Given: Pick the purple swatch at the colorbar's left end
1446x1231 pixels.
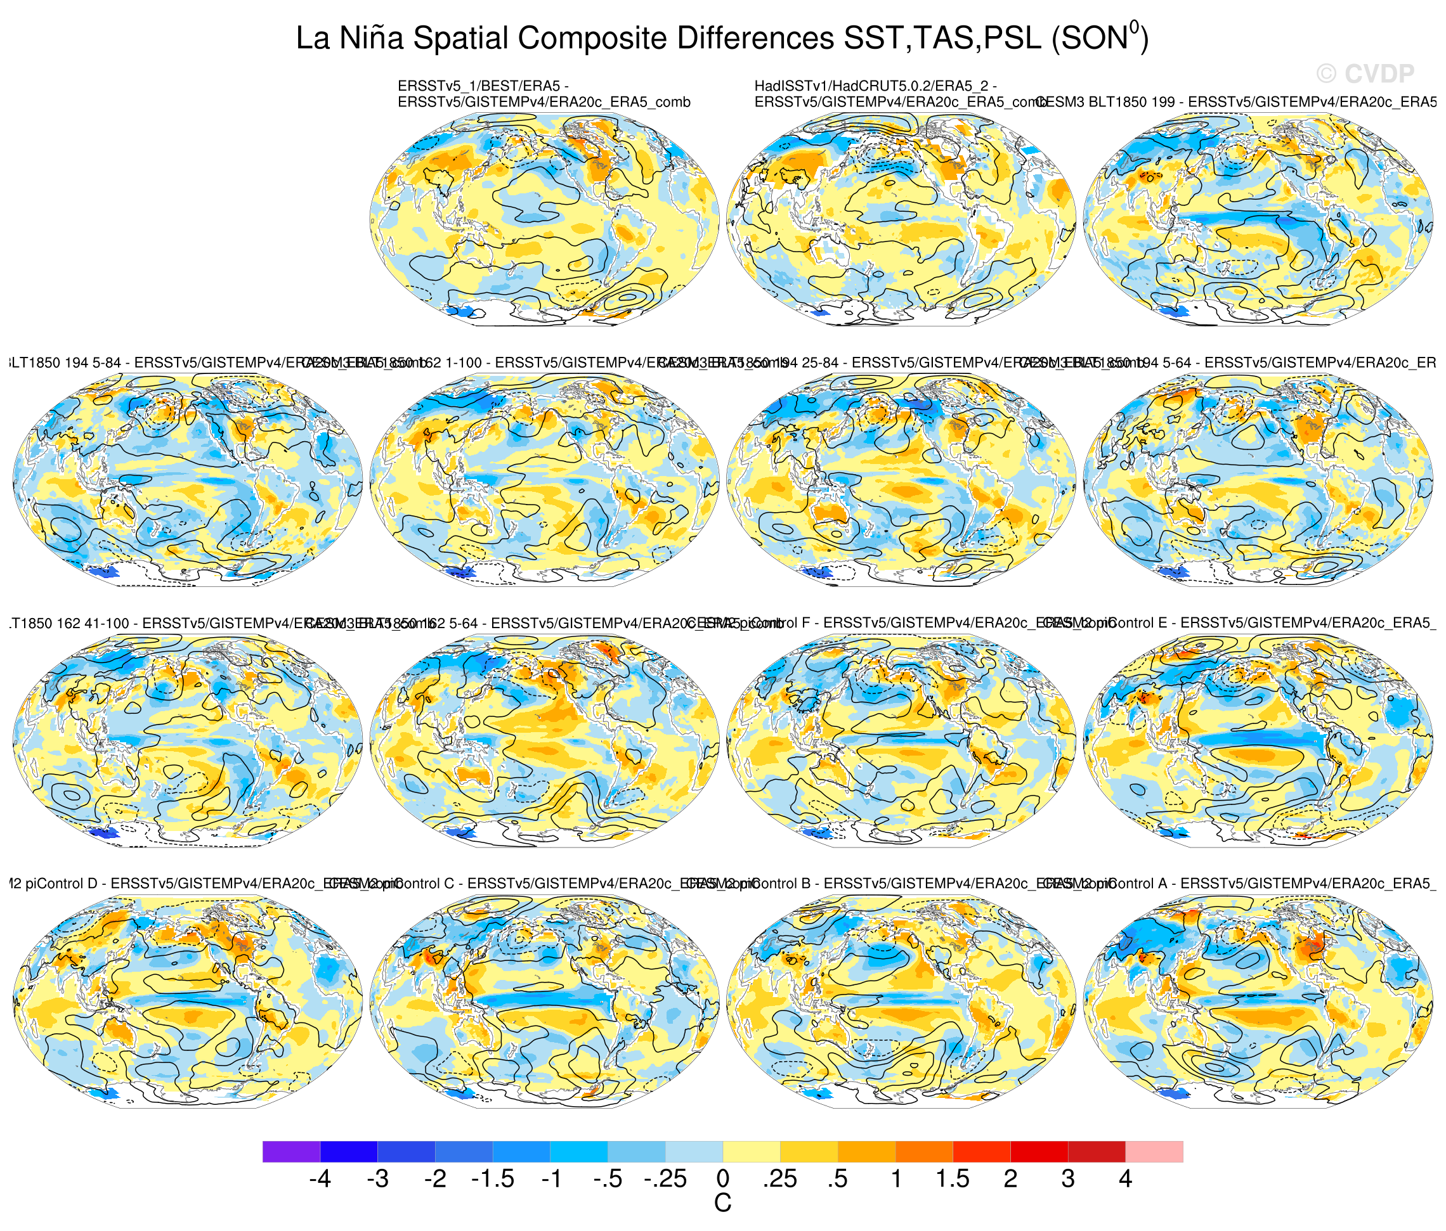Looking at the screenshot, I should tap(291, 1152).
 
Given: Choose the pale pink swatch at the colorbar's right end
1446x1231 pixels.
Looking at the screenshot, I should tap(1154, 1152).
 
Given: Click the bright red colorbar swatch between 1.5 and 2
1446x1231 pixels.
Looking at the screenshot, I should tap(981, 1152).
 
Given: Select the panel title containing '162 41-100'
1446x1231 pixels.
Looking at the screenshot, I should tap(160, 624).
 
